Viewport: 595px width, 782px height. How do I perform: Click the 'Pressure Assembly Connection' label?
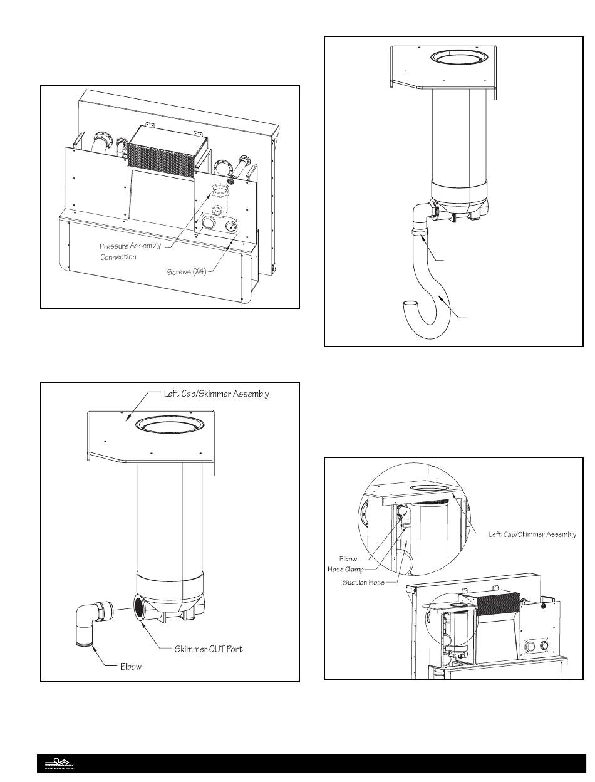130,251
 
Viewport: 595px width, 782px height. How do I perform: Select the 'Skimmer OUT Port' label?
209,649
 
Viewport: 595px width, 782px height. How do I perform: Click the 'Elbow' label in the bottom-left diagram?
131,667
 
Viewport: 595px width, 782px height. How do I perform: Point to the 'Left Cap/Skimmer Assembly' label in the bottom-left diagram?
212,394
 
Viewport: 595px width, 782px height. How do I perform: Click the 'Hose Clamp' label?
346,570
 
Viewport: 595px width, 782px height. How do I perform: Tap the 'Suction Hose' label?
363,583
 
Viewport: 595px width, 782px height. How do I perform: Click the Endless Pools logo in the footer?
59,764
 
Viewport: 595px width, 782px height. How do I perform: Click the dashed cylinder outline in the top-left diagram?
219,195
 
